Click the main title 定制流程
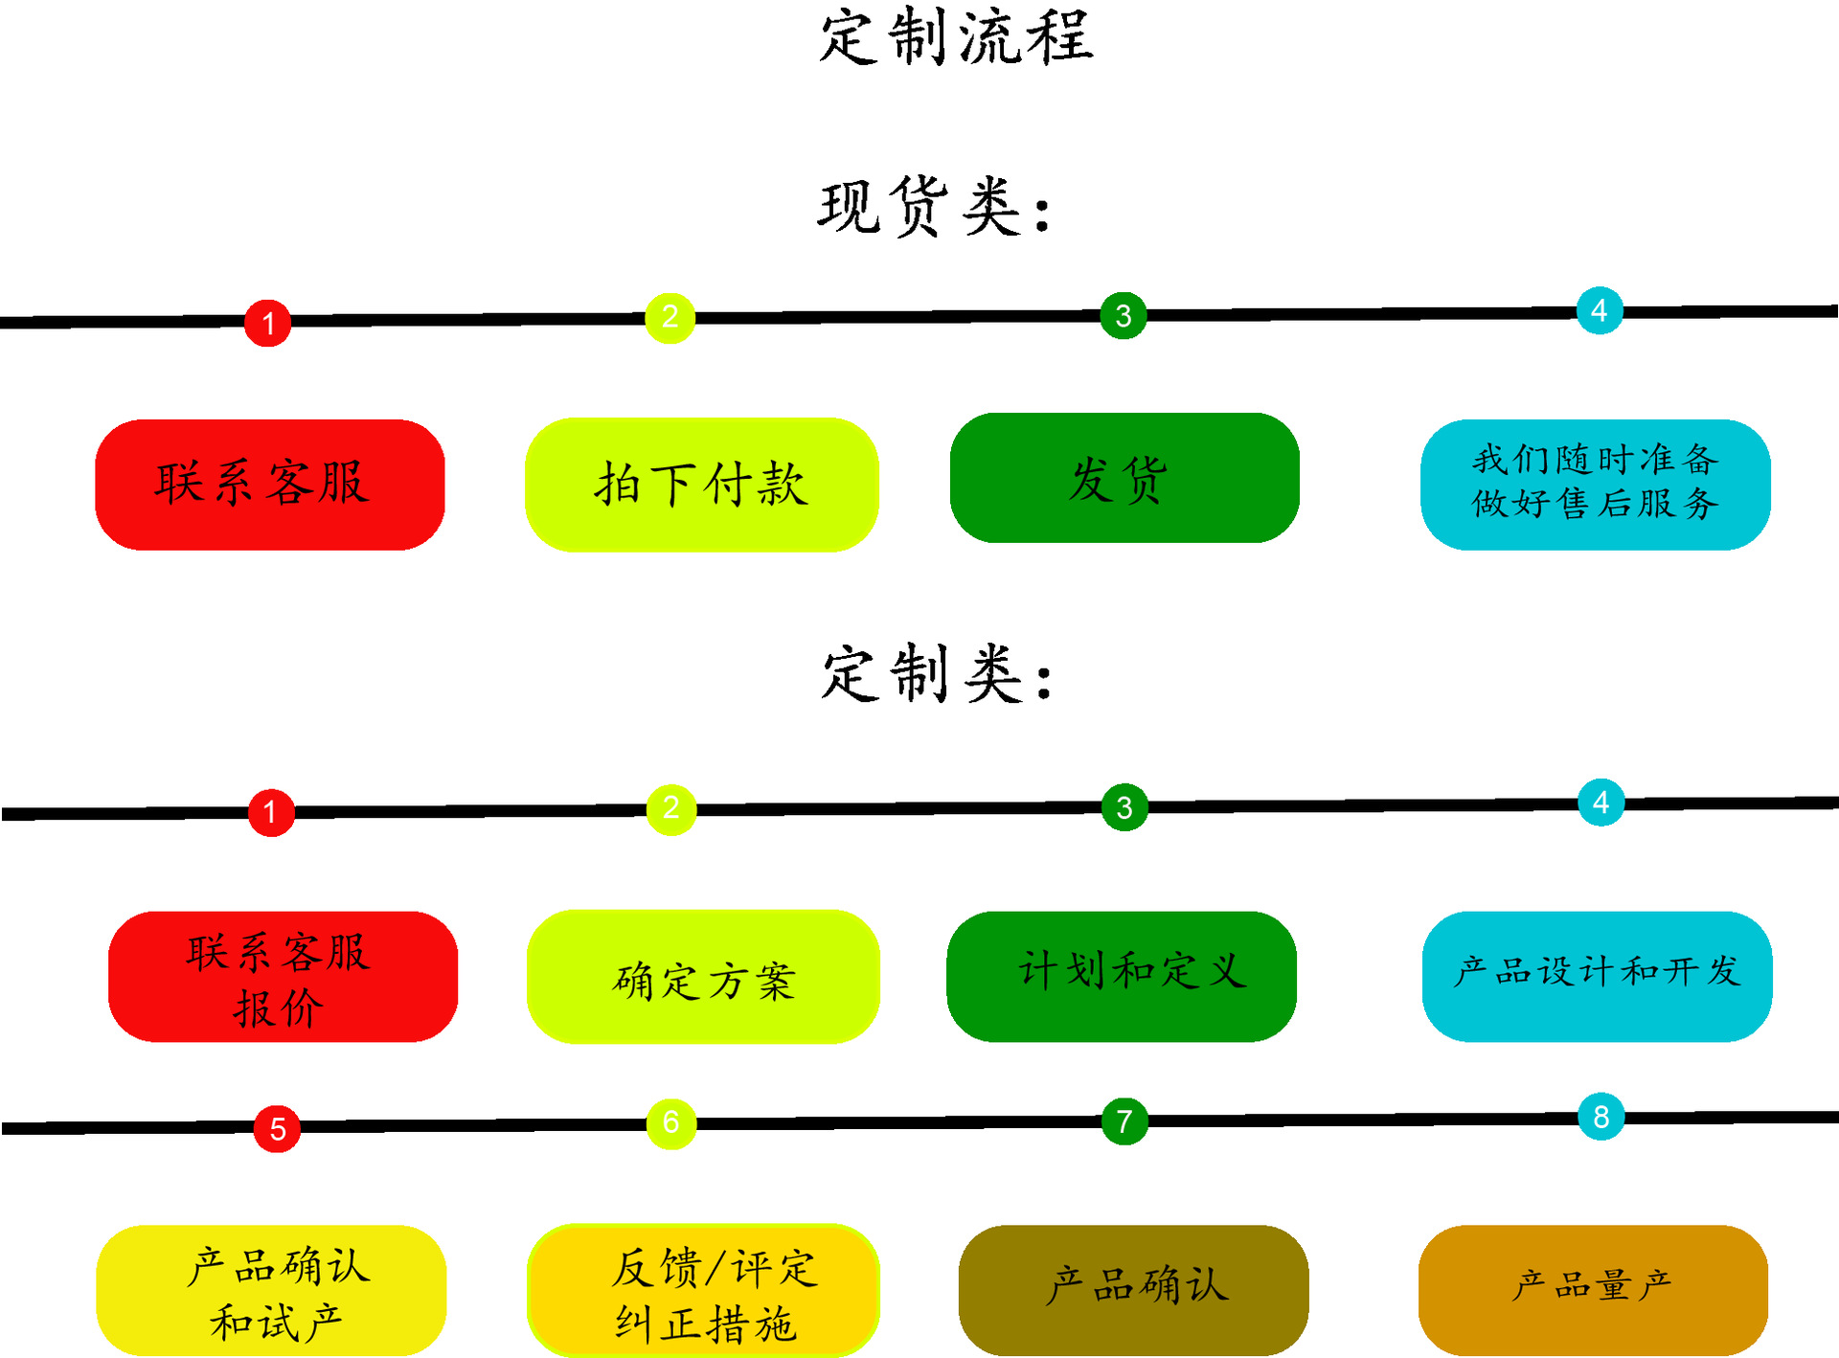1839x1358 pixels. coord(956,38)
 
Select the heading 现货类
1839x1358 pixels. coord(934,207)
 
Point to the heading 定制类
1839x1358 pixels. coord(937,674)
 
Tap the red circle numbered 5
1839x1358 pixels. coord(277,1128)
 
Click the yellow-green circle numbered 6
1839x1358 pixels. coord(671,1122)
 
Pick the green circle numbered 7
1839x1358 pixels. coord(1124,1120)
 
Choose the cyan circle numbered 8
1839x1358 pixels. coord(1601,1117)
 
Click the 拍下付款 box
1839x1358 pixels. coord(701,485)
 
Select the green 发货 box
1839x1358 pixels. coord(1124,478)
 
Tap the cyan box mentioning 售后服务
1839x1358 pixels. coord(1595,485)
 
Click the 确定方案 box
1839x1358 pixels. coord(703,977)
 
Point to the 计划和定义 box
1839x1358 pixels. coord(1122,976)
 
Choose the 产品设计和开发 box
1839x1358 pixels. coord(1597,976)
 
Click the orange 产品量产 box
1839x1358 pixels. coord(1593,1289)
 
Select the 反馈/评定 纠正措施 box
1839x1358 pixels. coord(703,1291)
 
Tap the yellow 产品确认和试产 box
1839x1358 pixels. coord(271,1290)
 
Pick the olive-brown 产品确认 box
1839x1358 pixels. coord(1133,1289)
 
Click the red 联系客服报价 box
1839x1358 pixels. coord(283,977)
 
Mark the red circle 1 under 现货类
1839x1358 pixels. coord(268,323)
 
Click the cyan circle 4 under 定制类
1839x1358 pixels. coord(1601,803)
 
